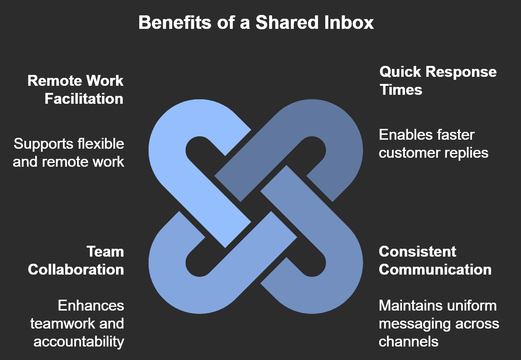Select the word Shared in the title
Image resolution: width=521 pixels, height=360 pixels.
point(287,22)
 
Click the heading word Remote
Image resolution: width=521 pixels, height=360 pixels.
point(54,81)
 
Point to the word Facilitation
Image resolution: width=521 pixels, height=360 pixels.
point(84,99)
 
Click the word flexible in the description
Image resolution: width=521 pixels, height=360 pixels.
point(100,143)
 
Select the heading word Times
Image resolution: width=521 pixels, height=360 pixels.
point(401,90)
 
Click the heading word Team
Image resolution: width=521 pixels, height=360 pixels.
point(105,251)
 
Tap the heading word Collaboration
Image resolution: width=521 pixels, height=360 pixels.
point(76,269)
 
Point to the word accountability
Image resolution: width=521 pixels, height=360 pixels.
point(79,341)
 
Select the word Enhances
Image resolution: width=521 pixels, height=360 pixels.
point(91,305)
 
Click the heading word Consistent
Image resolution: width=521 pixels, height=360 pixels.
point(417,251)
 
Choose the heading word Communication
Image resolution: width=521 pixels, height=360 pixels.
point(435,269)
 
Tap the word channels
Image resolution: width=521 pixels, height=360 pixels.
point(408,341)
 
